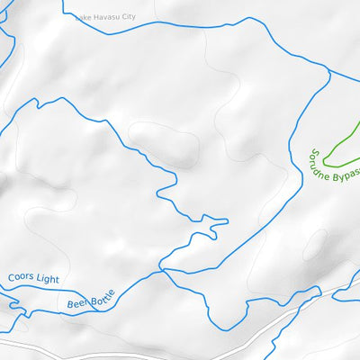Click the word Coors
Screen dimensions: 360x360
[x=22, y=277]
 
